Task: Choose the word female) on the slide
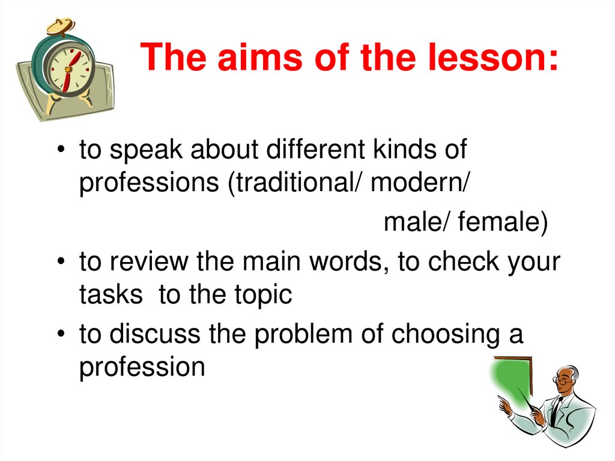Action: click(503, 224)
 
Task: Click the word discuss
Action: click(154, 335)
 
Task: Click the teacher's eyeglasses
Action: click(562, 381)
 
